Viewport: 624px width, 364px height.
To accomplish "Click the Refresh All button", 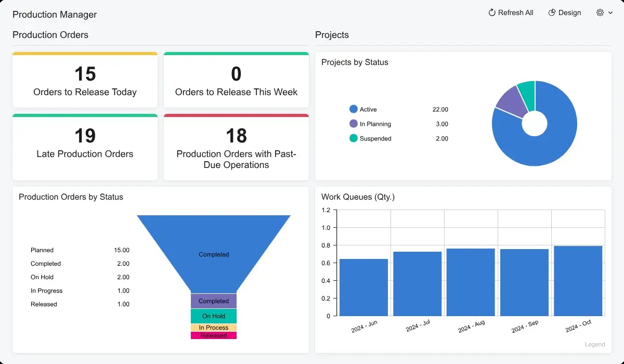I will click(x=511, y=13).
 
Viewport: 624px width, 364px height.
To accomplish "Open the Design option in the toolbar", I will click(x=565, y=13).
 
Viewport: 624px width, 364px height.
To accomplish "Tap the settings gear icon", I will click(x=600, y=13).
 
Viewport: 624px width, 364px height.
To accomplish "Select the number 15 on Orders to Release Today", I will click(x=85, y=74).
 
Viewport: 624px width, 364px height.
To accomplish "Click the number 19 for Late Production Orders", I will click(x=85, y=136).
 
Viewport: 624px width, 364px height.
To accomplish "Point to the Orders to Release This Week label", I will click(x=236, y=92).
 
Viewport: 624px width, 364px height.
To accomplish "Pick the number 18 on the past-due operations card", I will click(x=236, y=136).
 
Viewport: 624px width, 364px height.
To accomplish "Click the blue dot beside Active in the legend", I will click(x=354, y=109).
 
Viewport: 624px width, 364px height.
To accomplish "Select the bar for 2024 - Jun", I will click(x=363, y=287).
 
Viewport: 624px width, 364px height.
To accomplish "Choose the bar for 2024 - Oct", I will click(x=578, y=281).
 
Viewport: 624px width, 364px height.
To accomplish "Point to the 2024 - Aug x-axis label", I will click(x=471, y=327).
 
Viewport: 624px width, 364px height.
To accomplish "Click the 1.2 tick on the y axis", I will click(x=326, y=210).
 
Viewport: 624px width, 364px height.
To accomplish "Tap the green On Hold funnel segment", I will click(x=214, y=316).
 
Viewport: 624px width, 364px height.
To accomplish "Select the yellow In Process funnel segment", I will click(x=214, y=328).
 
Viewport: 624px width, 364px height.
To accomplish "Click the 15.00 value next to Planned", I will click(x=122, y=250).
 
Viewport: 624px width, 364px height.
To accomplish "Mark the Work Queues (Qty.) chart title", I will click(x=358, y=197).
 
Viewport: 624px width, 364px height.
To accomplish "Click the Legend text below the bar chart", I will click(x=595, y=344).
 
